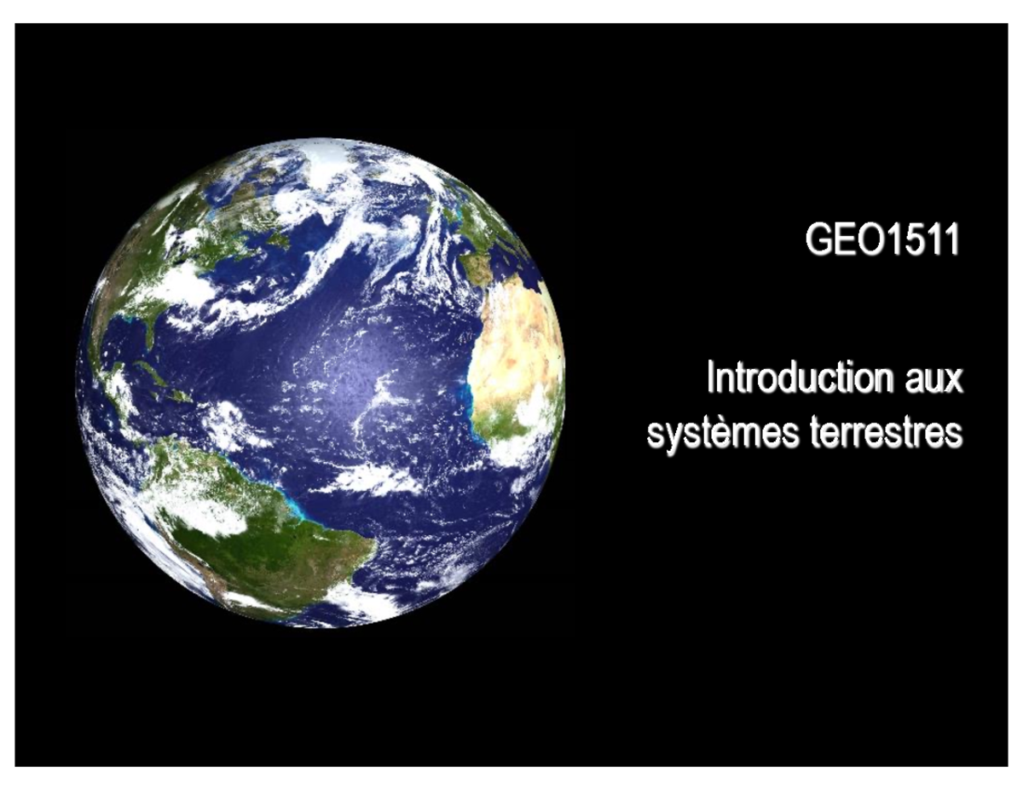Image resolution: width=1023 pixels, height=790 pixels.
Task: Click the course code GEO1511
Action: click(881, 241)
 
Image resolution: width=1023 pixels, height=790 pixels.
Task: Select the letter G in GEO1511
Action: click(818, 241)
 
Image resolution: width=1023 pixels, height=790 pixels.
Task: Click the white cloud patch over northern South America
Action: click(200, 511)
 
